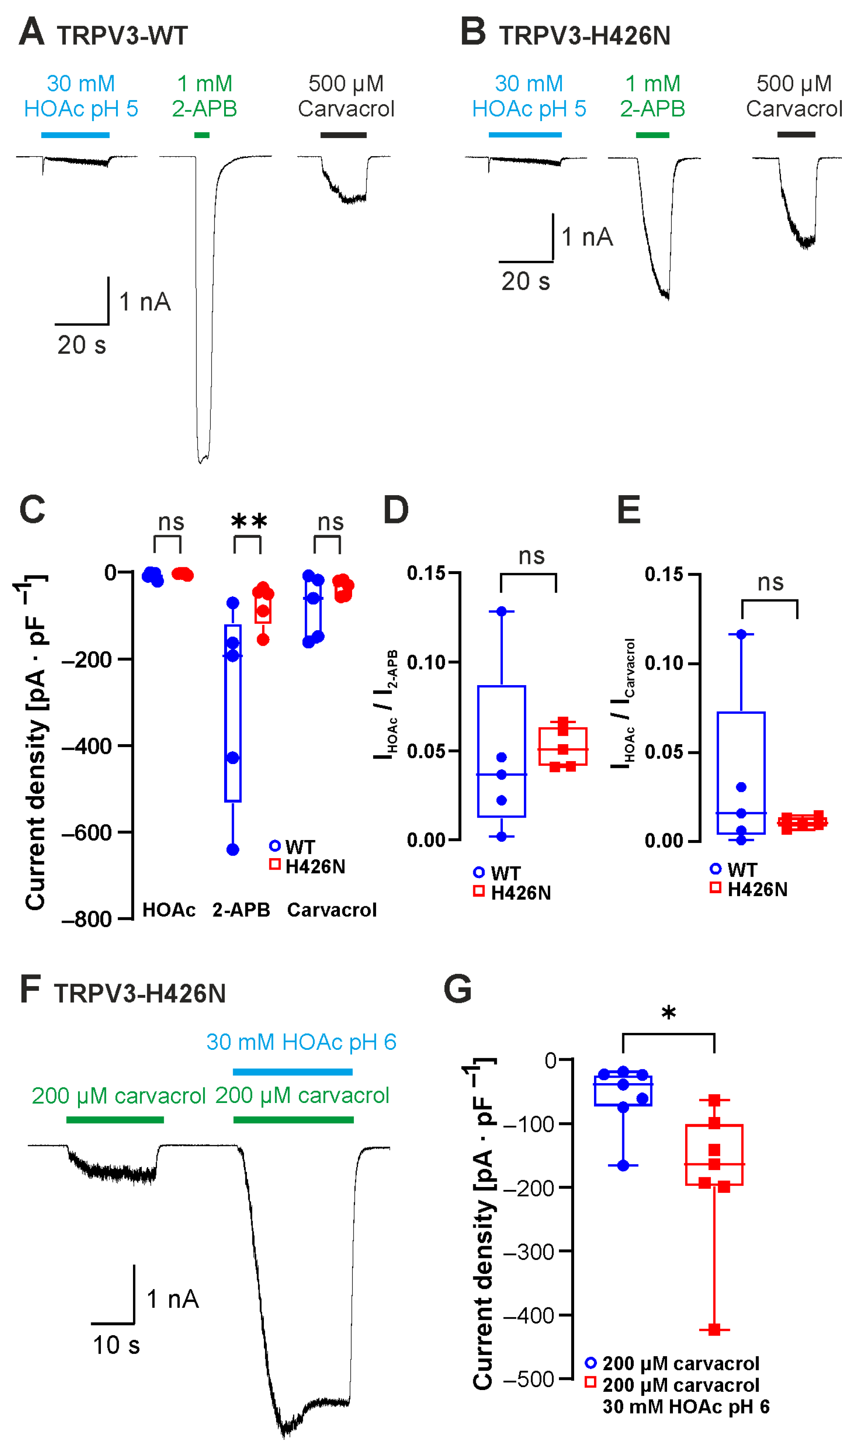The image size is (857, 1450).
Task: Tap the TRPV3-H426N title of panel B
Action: [584, 36]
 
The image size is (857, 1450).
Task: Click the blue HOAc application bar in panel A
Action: [75, 135]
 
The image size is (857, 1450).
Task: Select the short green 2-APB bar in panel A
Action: [201, 135]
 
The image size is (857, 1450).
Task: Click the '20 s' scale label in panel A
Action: [81, 345]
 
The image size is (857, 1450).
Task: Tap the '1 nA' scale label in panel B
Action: [587, 237]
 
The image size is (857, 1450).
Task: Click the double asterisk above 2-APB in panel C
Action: [249, 521]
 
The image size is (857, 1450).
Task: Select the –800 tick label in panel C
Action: [87, 919]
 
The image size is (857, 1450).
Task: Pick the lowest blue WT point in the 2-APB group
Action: [233, 849]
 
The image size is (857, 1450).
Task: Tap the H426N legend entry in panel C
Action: [315, 867]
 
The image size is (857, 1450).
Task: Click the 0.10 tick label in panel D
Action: [426, 662]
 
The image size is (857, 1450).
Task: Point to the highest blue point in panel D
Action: [501, 611]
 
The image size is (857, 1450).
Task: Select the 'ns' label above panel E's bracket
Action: [770, 583]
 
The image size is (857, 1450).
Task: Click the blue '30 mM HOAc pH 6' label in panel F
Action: [301, 1042]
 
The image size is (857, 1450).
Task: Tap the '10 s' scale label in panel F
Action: [116, 1345]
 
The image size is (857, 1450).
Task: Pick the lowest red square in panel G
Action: [714, 1330]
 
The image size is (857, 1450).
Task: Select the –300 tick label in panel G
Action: [529, 1252]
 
